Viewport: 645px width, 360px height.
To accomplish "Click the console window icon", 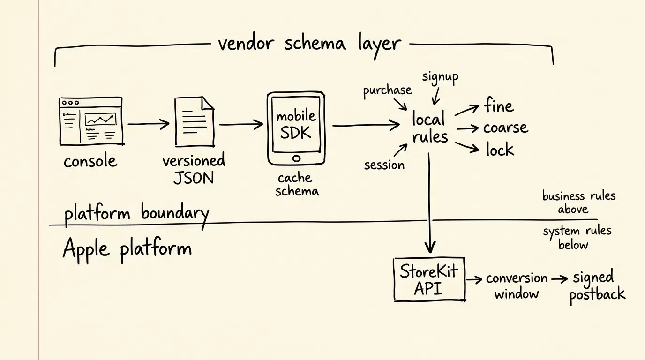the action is (91, 121).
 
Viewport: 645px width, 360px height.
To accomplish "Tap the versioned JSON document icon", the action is (195, 122).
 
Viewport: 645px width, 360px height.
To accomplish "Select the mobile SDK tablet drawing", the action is (296, 128).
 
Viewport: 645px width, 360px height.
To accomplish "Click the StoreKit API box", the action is (429, 279).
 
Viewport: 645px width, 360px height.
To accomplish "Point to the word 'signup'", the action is (440, 77).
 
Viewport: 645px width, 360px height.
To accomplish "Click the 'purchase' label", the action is (387, 91).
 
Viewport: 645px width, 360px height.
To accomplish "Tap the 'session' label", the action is (384, 165).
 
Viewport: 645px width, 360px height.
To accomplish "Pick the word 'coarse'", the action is (506, 127).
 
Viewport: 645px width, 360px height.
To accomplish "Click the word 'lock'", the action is (500, 149).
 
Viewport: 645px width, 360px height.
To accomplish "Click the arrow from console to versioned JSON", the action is (149, 124).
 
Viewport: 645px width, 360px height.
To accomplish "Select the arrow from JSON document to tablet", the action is (241, 124).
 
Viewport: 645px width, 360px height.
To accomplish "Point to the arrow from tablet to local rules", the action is (366, 125).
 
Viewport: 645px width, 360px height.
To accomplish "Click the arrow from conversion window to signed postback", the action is (560, 279).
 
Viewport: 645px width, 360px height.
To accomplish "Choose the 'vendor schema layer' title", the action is (309, 45).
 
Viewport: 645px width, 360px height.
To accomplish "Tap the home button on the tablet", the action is (296, 158).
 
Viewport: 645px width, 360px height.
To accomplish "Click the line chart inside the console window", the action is (100, 119).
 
